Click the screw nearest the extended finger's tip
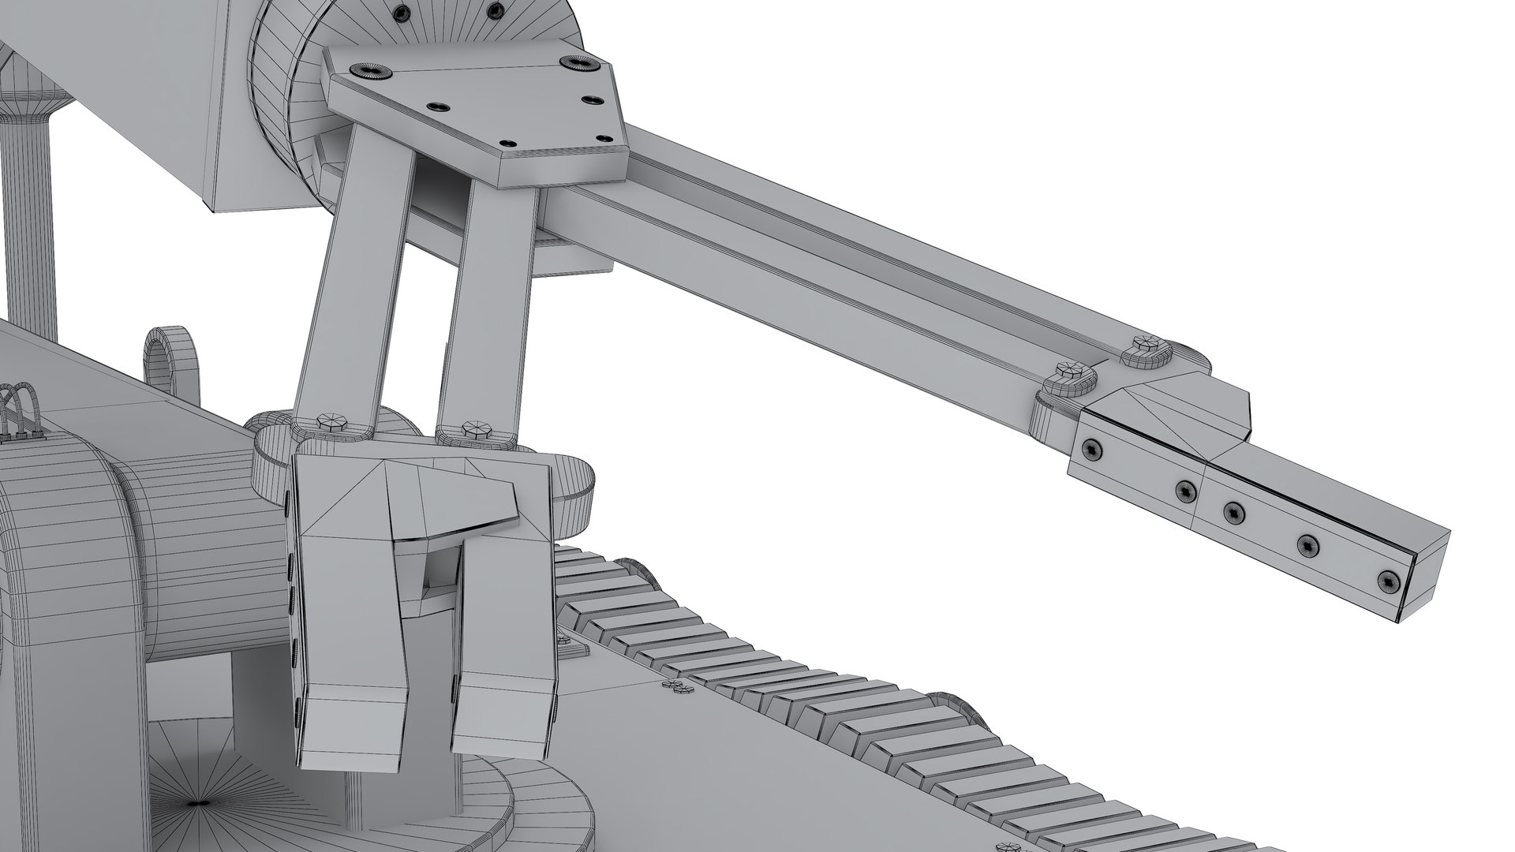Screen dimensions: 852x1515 1386,581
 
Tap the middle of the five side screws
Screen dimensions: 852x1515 1233,514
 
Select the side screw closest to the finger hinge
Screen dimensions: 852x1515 1092,449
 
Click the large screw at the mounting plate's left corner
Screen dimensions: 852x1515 370,70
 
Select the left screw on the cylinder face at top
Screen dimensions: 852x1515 404,11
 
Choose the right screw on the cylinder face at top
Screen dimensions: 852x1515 495,9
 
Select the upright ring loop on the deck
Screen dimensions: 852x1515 169,354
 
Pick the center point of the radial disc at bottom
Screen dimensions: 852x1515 196,804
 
